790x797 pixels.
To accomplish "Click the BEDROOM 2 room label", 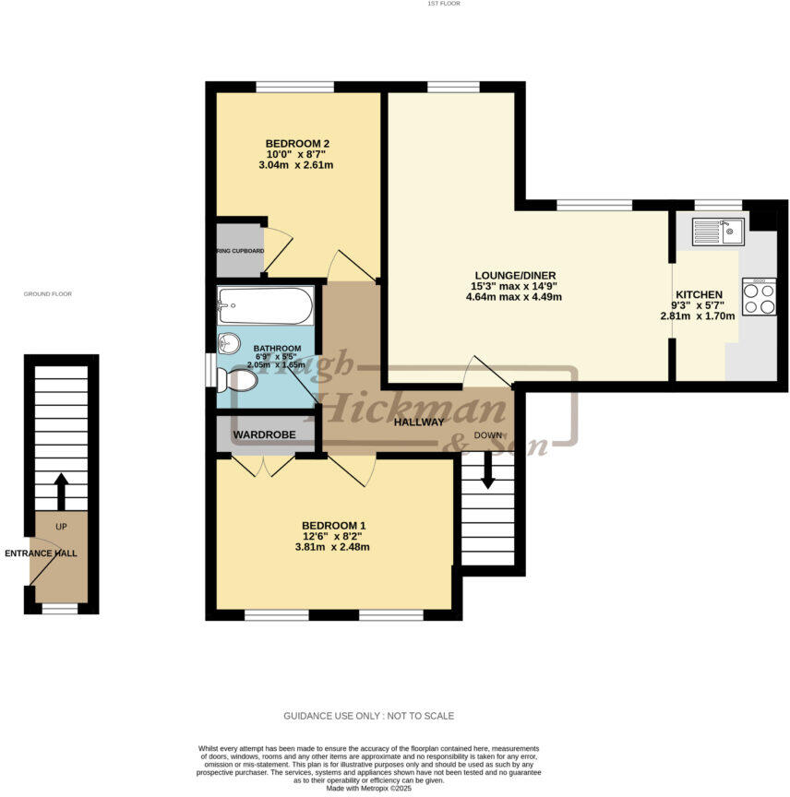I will pos(297,143).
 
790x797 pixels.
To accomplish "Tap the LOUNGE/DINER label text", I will pos(515,275).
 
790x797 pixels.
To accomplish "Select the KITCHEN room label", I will pos(698,294).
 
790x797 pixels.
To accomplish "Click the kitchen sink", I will pos(718,232).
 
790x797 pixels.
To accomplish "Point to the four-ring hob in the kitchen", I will pos(759,297).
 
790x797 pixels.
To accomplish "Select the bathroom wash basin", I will pos(227,344).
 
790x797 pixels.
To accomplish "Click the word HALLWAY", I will pos(420,422).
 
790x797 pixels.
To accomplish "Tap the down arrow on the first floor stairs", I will pos(487,473).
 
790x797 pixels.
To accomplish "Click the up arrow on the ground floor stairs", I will pos(61,491).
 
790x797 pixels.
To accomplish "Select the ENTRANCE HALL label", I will pos(42,553).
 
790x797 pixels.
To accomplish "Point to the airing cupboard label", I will pos(240,251).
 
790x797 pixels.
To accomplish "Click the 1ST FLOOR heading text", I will pos(444,4).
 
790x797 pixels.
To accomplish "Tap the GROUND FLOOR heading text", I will pos(48,294).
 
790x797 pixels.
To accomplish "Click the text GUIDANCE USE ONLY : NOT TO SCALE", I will pos(368,716).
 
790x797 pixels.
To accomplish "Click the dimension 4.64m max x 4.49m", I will pos(515,297).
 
